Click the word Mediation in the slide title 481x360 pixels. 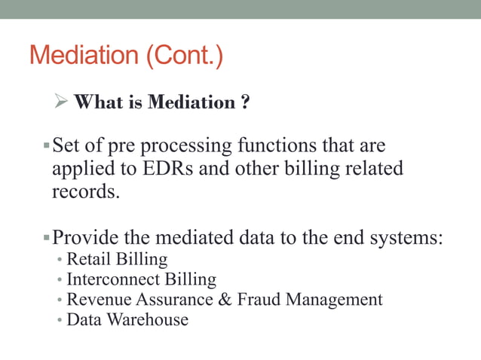tap(87, 56)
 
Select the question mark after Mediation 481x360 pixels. tap(246, 102)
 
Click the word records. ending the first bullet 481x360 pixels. tap(85, 191)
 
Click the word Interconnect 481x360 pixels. tap(111, 280)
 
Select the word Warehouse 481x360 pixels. tap(148, 320)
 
